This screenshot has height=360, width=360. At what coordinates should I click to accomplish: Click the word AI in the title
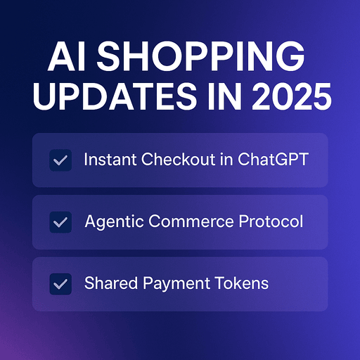coord(66,56)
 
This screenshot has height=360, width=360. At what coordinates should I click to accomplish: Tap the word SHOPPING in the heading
coord(200,56)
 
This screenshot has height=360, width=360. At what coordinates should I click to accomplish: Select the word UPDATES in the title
coord(115,96)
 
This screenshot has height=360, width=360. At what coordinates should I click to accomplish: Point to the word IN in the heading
coord(225,96)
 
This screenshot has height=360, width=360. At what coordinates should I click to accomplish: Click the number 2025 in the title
coord(292,96)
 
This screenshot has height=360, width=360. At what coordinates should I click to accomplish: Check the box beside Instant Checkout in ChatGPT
coord(60,160)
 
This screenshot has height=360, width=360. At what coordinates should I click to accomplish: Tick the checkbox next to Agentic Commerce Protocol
coord(60,222)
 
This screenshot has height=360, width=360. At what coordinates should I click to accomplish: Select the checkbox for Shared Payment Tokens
coord(60,284)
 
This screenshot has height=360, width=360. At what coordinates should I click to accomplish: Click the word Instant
coord(110,160)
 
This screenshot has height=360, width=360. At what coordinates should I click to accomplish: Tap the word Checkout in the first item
coord(179,160)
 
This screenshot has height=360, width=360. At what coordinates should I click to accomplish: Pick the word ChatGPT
coord(273,160)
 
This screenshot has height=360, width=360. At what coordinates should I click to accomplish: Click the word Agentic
coord(114,221)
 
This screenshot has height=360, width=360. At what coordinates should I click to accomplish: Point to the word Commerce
coord(191,221)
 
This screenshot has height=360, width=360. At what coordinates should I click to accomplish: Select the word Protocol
coord(271,221)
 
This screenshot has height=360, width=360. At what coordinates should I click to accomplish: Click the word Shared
coord(111,283)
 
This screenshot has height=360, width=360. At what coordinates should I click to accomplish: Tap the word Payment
coord(176,284)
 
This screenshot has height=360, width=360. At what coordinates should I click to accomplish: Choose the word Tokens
coord(242,283)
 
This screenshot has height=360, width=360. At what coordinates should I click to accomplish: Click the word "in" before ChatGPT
coord(226,160)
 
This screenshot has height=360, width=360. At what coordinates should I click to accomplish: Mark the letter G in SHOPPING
coord(290,56)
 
